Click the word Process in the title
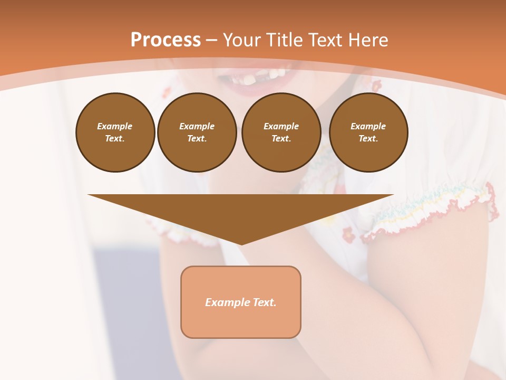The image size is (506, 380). click(x=166, y=40)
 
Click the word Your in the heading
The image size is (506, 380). click(x=242, y=40)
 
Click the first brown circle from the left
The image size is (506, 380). click(x=115, y=132)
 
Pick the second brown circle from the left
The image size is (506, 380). click(x=197, y=132)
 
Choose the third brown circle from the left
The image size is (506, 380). click(x=281, y=132)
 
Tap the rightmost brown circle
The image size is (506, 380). click(x=368, y=132)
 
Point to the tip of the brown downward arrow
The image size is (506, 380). click(x=241, y=243)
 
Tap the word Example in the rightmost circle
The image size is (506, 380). click(x=368, y=126)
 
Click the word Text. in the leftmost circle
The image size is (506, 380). click(x=115, y=139)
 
